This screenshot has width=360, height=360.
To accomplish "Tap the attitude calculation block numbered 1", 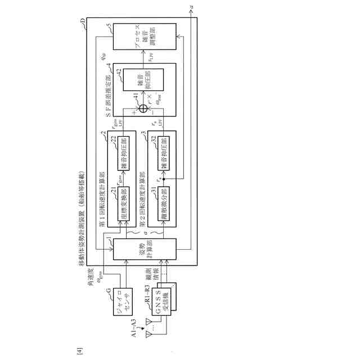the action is tap(145, 249).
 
